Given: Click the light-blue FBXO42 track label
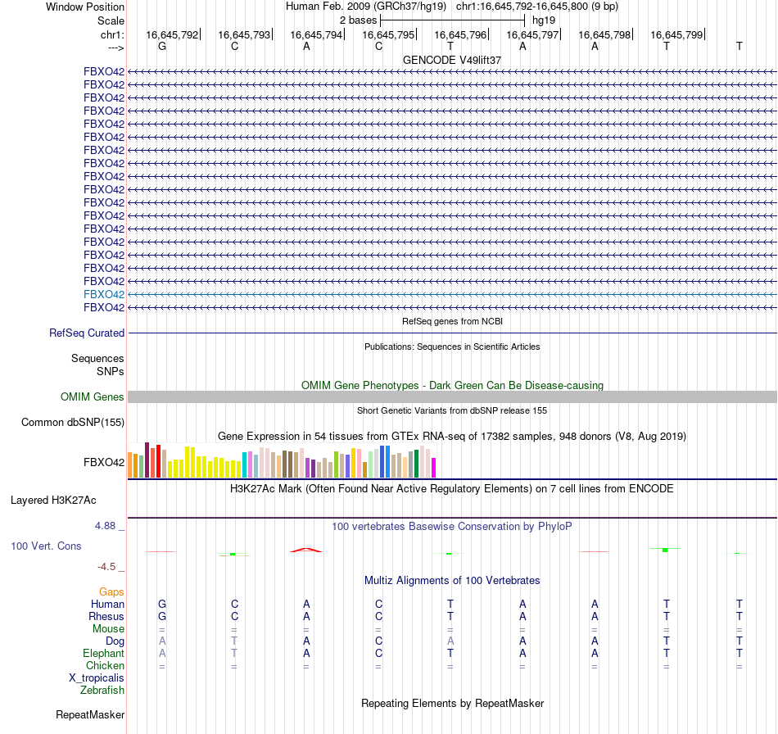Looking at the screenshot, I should click(x=104, y=294).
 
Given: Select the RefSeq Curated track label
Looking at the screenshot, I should click(x=87, y=333).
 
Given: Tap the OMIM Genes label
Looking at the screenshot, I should click(x=93, y=397).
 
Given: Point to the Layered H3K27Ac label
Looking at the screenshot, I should click(x=65, y=500).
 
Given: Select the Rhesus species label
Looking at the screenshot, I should click(x=106, y=617).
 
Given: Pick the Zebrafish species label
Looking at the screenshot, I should click(x=102, y=691).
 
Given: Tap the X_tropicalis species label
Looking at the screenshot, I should click(x=97, y=678).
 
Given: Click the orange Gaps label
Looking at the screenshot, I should click(x=111, y=591).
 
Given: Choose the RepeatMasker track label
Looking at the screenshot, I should click(x=90, y=715).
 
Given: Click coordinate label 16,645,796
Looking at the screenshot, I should click(x=460, y=35).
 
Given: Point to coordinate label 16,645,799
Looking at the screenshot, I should click(x=676, y=35).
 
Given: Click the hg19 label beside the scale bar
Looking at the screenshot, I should click(x=544, y=19).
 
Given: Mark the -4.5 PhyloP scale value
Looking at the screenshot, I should click(x=111, y=566).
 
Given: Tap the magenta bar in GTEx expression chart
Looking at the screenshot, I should click(x=434, y=468).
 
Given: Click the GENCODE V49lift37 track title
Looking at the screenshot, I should click(x=452, y=61).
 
